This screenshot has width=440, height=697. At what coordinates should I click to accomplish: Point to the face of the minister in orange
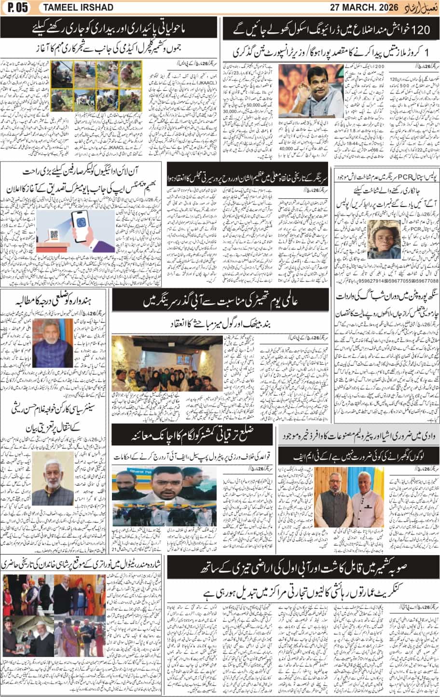[x=334, y=88]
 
